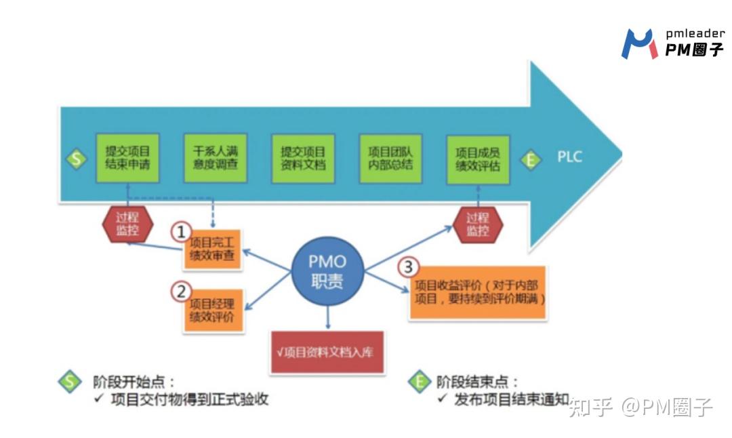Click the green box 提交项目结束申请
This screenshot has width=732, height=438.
[x=127, y=157]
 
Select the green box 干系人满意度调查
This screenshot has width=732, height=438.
[x=215, y=157]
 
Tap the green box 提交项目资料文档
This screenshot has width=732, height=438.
[x=303, y=157]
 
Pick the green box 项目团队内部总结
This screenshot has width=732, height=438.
[x=390, y=157]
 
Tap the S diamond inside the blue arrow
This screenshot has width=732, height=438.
[x=76, y=160]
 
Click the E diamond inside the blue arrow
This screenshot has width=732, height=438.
[x=531, y=160]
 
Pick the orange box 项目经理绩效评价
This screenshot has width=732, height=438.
[x=215, y=310]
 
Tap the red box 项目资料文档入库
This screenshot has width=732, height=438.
[x=327, y=352]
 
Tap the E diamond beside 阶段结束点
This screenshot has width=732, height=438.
[x=420, y=381]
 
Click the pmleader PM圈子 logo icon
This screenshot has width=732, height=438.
[x=638, y=43]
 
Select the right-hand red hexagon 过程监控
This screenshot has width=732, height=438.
[x=477, y=225]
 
